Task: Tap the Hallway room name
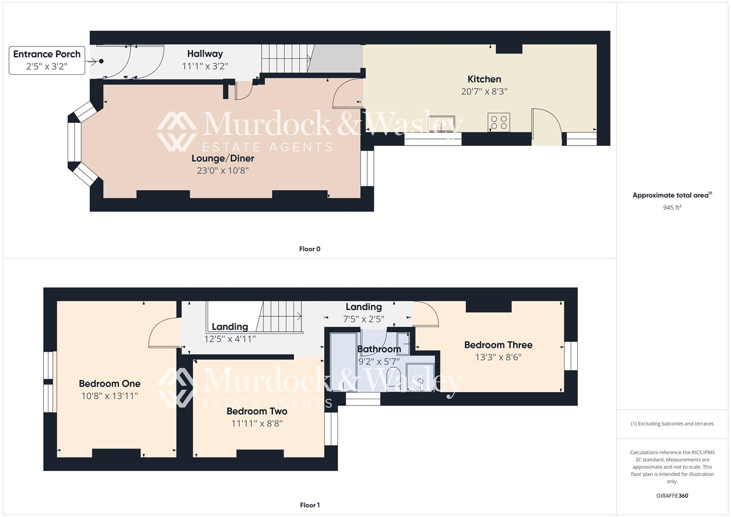pos(205,54)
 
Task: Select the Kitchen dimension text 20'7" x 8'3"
pos(484,91)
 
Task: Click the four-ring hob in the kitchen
pos(499,122)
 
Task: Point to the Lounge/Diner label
pos(223,158)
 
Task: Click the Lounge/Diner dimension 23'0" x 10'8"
pos(223,170)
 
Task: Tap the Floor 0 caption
pos(310,249)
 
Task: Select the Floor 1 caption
pos(310,505)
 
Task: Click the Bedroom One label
pos(110,383)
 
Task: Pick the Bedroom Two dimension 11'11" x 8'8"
pos(257,424)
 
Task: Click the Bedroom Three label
pos(498,345)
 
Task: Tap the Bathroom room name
pos(379,349)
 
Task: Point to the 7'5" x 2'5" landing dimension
pos(364,319)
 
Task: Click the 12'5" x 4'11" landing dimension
pos(230,339)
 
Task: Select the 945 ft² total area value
pos(672,208)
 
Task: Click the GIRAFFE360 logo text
pos(672,496)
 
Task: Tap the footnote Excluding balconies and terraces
pos(672,424)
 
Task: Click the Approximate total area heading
pos(672,195)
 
